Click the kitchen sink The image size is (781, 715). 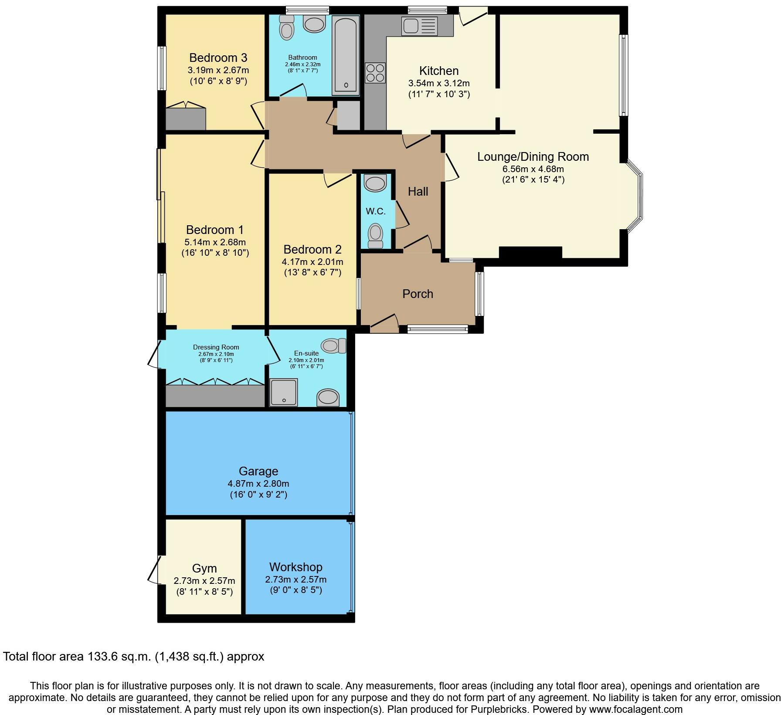click(420, 26)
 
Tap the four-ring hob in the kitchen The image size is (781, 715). click(375, 73)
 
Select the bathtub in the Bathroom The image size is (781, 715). click(346, 55)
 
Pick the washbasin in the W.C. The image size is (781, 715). click(375, 183)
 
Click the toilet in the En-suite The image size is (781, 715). click(334, 346)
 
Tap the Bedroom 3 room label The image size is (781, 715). click(218, 58)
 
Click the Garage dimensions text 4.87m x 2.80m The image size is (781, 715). click(258, 483)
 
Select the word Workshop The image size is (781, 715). click(296, 567)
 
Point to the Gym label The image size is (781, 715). click(204, 569)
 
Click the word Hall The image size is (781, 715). click(418, 191)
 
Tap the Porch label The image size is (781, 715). click(418, 294)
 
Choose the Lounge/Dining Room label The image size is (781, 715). click(533, 156)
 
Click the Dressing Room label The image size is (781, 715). click(216, 347)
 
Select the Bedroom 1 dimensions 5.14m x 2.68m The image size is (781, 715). click(215, 242)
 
